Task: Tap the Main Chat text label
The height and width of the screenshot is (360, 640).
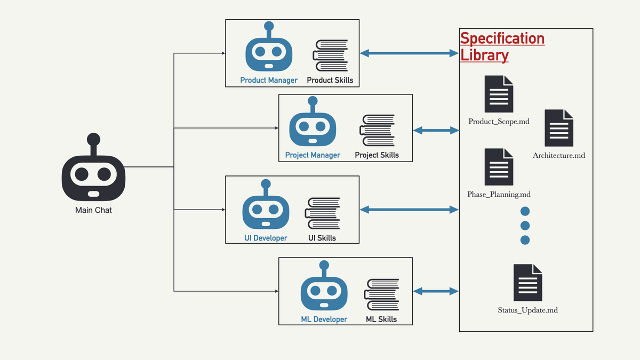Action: (x=93, y=210)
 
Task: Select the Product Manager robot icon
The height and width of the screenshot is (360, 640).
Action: (x=269, y=50)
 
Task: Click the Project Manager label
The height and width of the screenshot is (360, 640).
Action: (x=313, y=155)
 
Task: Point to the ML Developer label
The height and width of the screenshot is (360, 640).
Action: (x=324, y=319)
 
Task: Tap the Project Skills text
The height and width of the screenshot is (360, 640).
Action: (x=377, y=155)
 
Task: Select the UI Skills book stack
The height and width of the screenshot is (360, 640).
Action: (x=323, y=213)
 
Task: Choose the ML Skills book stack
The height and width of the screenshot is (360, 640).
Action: (x=381, y=295)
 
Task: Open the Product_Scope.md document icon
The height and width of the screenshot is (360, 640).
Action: (x=499, y=94)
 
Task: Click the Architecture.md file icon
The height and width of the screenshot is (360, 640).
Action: (x=559, y=128)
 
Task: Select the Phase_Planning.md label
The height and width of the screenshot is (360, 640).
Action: (x=499, y=195)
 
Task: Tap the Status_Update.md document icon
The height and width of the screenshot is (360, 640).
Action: (x=528, y=283)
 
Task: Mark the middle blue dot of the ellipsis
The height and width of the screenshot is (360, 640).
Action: (x=525, y=225)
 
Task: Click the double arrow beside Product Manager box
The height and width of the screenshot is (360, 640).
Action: (x=409, y=53)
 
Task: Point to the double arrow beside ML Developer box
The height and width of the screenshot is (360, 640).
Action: (x=436, y=291)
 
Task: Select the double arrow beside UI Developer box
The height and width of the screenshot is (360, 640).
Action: (x=409, y=210)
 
